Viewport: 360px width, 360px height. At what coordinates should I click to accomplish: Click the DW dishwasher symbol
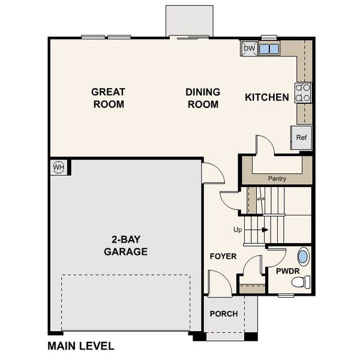[x=248, y=49]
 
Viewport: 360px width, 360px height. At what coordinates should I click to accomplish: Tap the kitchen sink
[x=268, y=49]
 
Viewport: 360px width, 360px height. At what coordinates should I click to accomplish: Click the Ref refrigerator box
[x=301, y=137]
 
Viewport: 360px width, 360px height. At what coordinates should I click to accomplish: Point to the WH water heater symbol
[x=59, y=167]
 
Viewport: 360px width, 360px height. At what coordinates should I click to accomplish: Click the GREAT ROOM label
[x=108, y=98]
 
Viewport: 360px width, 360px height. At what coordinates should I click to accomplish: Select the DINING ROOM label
[x=202, y=98]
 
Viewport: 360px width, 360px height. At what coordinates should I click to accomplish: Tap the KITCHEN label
[x=267, y=97]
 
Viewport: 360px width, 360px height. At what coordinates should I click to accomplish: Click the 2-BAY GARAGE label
[x=125, y=245]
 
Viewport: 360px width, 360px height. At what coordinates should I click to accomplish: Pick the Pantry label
[x=277, y=178]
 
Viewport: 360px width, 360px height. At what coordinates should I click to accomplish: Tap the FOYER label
[x=223, y=256]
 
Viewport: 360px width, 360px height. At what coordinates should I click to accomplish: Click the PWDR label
[x=287, y=271]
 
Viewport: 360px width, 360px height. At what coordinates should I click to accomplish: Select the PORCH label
[x=224, y=314]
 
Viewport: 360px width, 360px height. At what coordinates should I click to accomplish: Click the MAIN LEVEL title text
[x=80, y=346]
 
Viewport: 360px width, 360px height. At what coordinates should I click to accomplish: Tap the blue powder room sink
[x=303, y=257]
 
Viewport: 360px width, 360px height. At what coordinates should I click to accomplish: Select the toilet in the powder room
[x=305, y=281]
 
